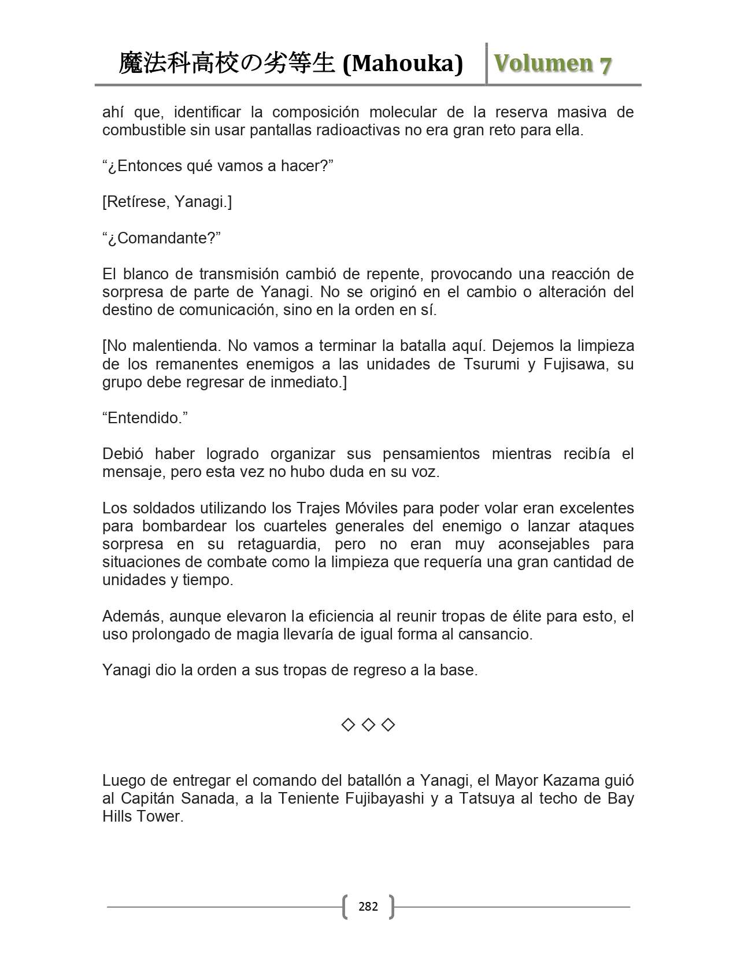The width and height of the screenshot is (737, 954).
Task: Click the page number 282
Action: [x=368, y=906]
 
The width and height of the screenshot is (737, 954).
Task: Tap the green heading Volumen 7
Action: [x=553, y=64]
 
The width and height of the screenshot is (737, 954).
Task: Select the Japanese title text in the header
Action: [x=227, y=64]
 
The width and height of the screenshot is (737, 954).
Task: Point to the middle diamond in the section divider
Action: [x=368, y=724]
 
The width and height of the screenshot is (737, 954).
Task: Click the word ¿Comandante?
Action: [x=162, y=238]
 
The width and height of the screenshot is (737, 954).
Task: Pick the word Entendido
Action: [x=145, y=418]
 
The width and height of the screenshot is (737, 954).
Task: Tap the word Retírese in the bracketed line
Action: [x=136, y=202]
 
